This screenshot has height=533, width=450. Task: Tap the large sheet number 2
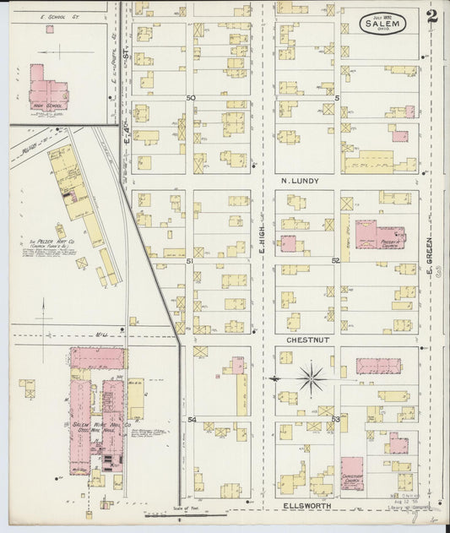click(431, 17)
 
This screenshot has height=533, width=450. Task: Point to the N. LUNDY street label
click(297, 180)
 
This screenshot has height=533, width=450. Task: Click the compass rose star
click(312, 378)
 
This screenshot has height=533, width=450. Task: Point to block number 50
click(191, 98)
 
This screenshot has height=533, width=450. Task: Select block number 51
click(191, 262)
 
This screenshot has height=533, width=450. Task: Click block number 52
click(335, 261)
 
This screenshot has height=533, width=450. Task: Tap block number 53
click(335, 419)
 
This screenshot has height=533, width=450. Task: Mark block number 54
click(192, 420)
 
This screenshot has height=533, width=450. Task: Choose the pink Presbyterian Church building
click(368, 235)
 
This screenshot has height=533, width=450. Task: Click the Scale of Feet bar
click(203, 514)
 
